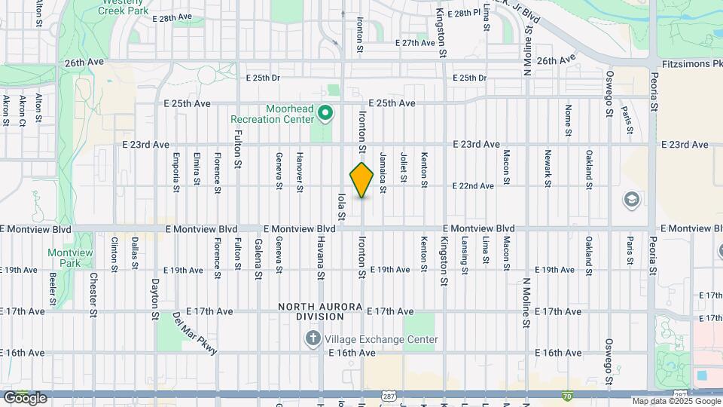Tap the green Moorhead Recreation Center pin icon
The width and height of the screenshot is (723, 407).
[325, 113]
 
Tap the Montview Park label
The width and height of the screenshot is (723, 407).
[64, 259]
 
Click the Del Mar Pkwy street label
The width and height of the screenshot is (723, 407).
[194, 334]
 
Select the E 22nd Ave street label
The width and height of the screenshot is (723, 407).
[473, 185]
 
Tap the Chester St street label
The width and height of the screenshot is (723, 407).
[94, 293]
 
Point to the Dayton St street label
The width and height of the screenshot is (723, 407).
[155, 297]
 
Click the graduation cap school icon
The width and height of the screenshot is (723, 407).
[631, 200]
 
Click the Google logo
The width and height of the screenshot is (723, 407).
[25, 397]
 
